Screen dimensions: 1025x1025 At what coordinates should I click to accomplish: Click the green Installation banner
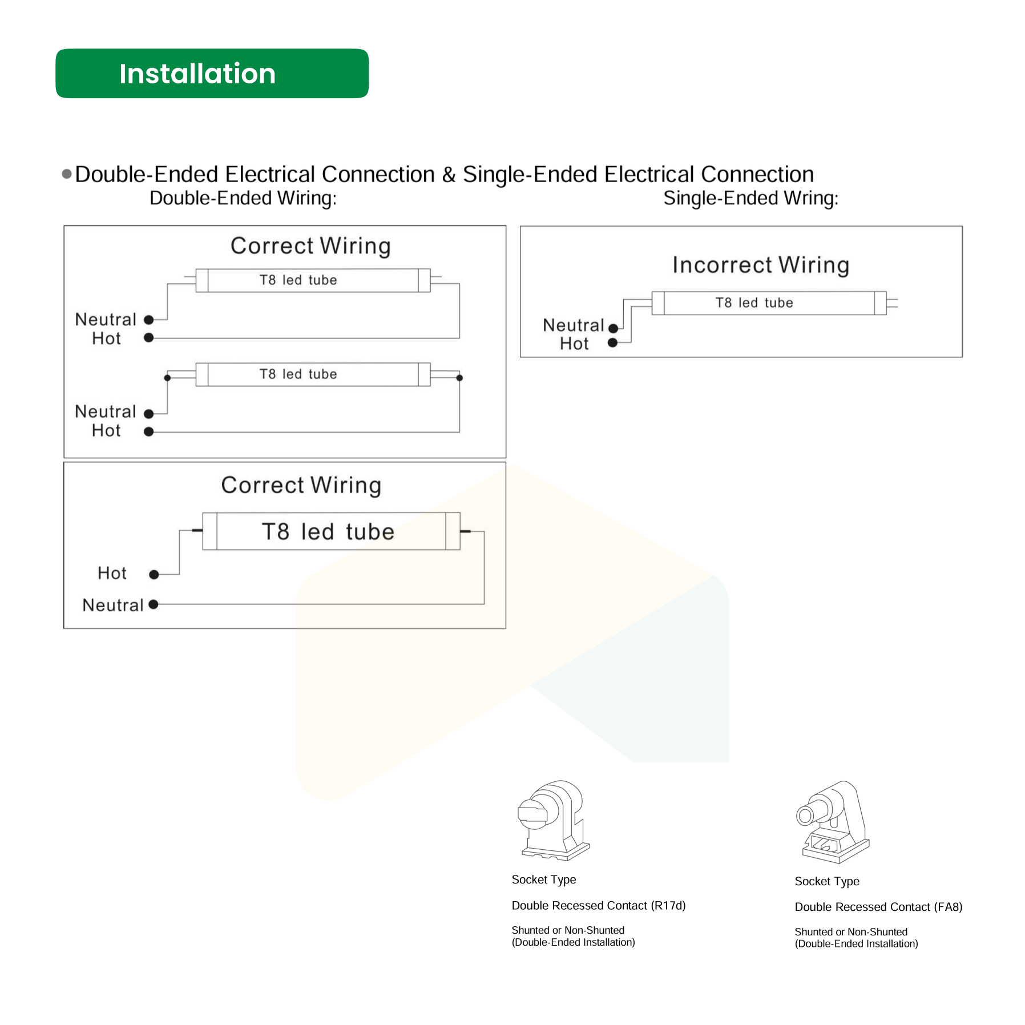tap(212, 74)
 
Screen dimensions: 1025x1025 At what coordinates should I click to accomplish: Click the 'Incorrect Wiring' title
tap(760, 265)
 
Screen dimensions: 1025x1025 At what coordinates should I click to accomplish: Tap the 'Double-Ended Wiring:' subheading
tap(243, 198)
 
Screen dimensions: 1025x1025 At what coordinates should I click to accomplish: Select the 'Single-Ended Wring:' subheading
tap(750, 198)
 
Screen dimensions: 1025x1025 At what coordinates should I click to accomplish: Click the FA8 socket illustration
tap(832, 821)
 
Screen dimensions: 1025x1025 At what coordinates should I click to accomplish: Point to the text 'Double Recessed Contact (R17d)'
tap(598, 905)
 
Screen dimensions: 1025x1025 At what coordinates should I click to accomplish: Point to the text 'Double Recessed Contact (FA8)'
tap(878, 907)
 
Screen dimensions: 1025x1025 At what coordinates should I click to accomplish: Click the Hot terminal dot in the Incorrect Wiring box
tap(612, 342)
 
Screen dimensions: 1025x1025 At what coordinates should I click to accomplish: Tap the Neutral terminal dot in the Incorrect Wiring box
tap(613, 328)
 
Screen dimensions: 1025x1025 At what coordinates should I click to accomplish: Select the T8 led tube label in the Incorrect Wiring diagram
tap(754, 302)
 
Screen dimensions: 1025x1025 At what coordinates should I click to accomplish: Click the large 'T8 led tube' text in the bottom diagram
tap(328, 531)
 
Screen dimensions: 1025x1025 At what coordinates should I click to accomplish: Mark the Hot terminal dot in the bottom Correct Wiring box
tap(154, 574)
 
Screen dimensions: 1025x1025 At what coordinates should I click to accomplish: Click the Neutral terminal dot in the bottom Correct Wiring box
tap(153, 604)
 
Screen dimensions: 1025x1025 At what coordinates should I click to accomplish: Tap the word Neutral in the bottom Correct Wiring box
tap(112, 605)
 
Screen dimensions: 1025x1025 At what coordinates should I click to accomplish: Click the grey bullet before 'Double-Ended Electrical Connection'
tap(67, 173)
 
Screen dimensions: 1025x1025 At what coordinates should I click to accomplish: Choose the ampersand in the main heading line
tap(449, 175)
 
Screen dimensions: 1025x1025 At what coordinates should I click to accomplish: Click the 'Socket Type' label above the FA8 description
tap(826, 881)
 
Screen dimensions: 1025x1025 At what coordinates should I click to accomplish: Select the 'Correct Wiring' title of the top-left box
tap(310, 246)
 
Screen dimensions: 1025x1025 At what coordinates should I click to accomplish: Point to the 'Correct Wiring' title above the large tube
tap(301, 485)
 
